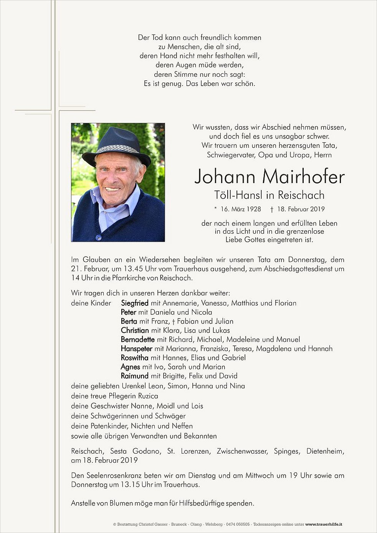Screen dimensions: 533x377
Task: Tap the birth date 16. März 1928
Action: point(241,209)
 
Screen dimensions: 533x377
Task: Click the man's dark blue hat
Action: point(116,146)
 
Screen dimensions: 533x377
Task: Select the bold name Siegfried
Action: point(134,303)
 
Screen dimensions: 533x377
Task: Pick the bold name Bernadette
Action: point(137,340)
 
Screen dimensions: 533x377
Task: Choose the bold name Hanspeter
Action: point(136,349)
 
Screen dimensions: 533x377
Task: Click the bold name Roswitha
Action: point(134,358)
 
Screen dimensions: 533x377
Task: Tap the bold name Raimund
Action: point(134,376)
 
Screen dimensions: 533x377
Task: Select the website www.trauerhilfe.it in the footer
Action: point(324,524)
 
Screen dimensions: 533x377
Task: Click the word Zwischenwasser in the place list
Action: point(241,451)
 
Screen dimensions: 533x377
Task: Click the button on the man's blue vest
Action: point(98,237)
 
